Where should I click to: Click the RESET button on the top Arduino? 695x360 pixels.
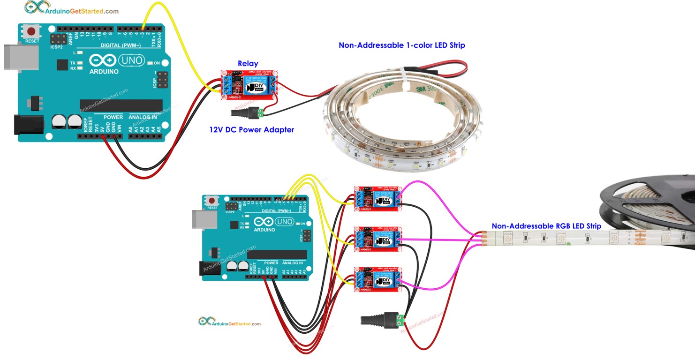pyautogui.click(x=32, y=32)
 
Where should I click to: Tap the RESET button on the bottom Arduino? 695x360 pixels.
pyautogui.click(x=212, y=201)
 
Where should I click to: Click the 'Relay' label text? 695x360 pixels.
pyautogui.click(x=248, y=64)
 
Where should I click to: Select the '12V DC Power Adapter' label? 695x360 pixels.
pyautogui.click(x=251, y=130)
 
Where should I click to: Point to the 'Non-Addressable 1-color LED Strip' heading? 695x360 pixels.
pyautogui.click(x=401, y=45)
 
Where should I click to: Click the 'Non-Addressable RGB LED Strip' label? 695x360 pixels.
pyautogui.click(x=546, y=226)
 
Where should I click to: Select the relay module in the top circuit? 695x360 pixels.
pyautogui.click(x=249, y=85)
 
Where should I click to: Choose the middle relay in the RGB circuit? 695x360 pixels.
pyautogui.click(x=378, y=239)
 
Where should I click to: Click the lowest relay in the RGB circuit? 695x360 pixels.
pyautogui.click(x=378, y=280)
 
